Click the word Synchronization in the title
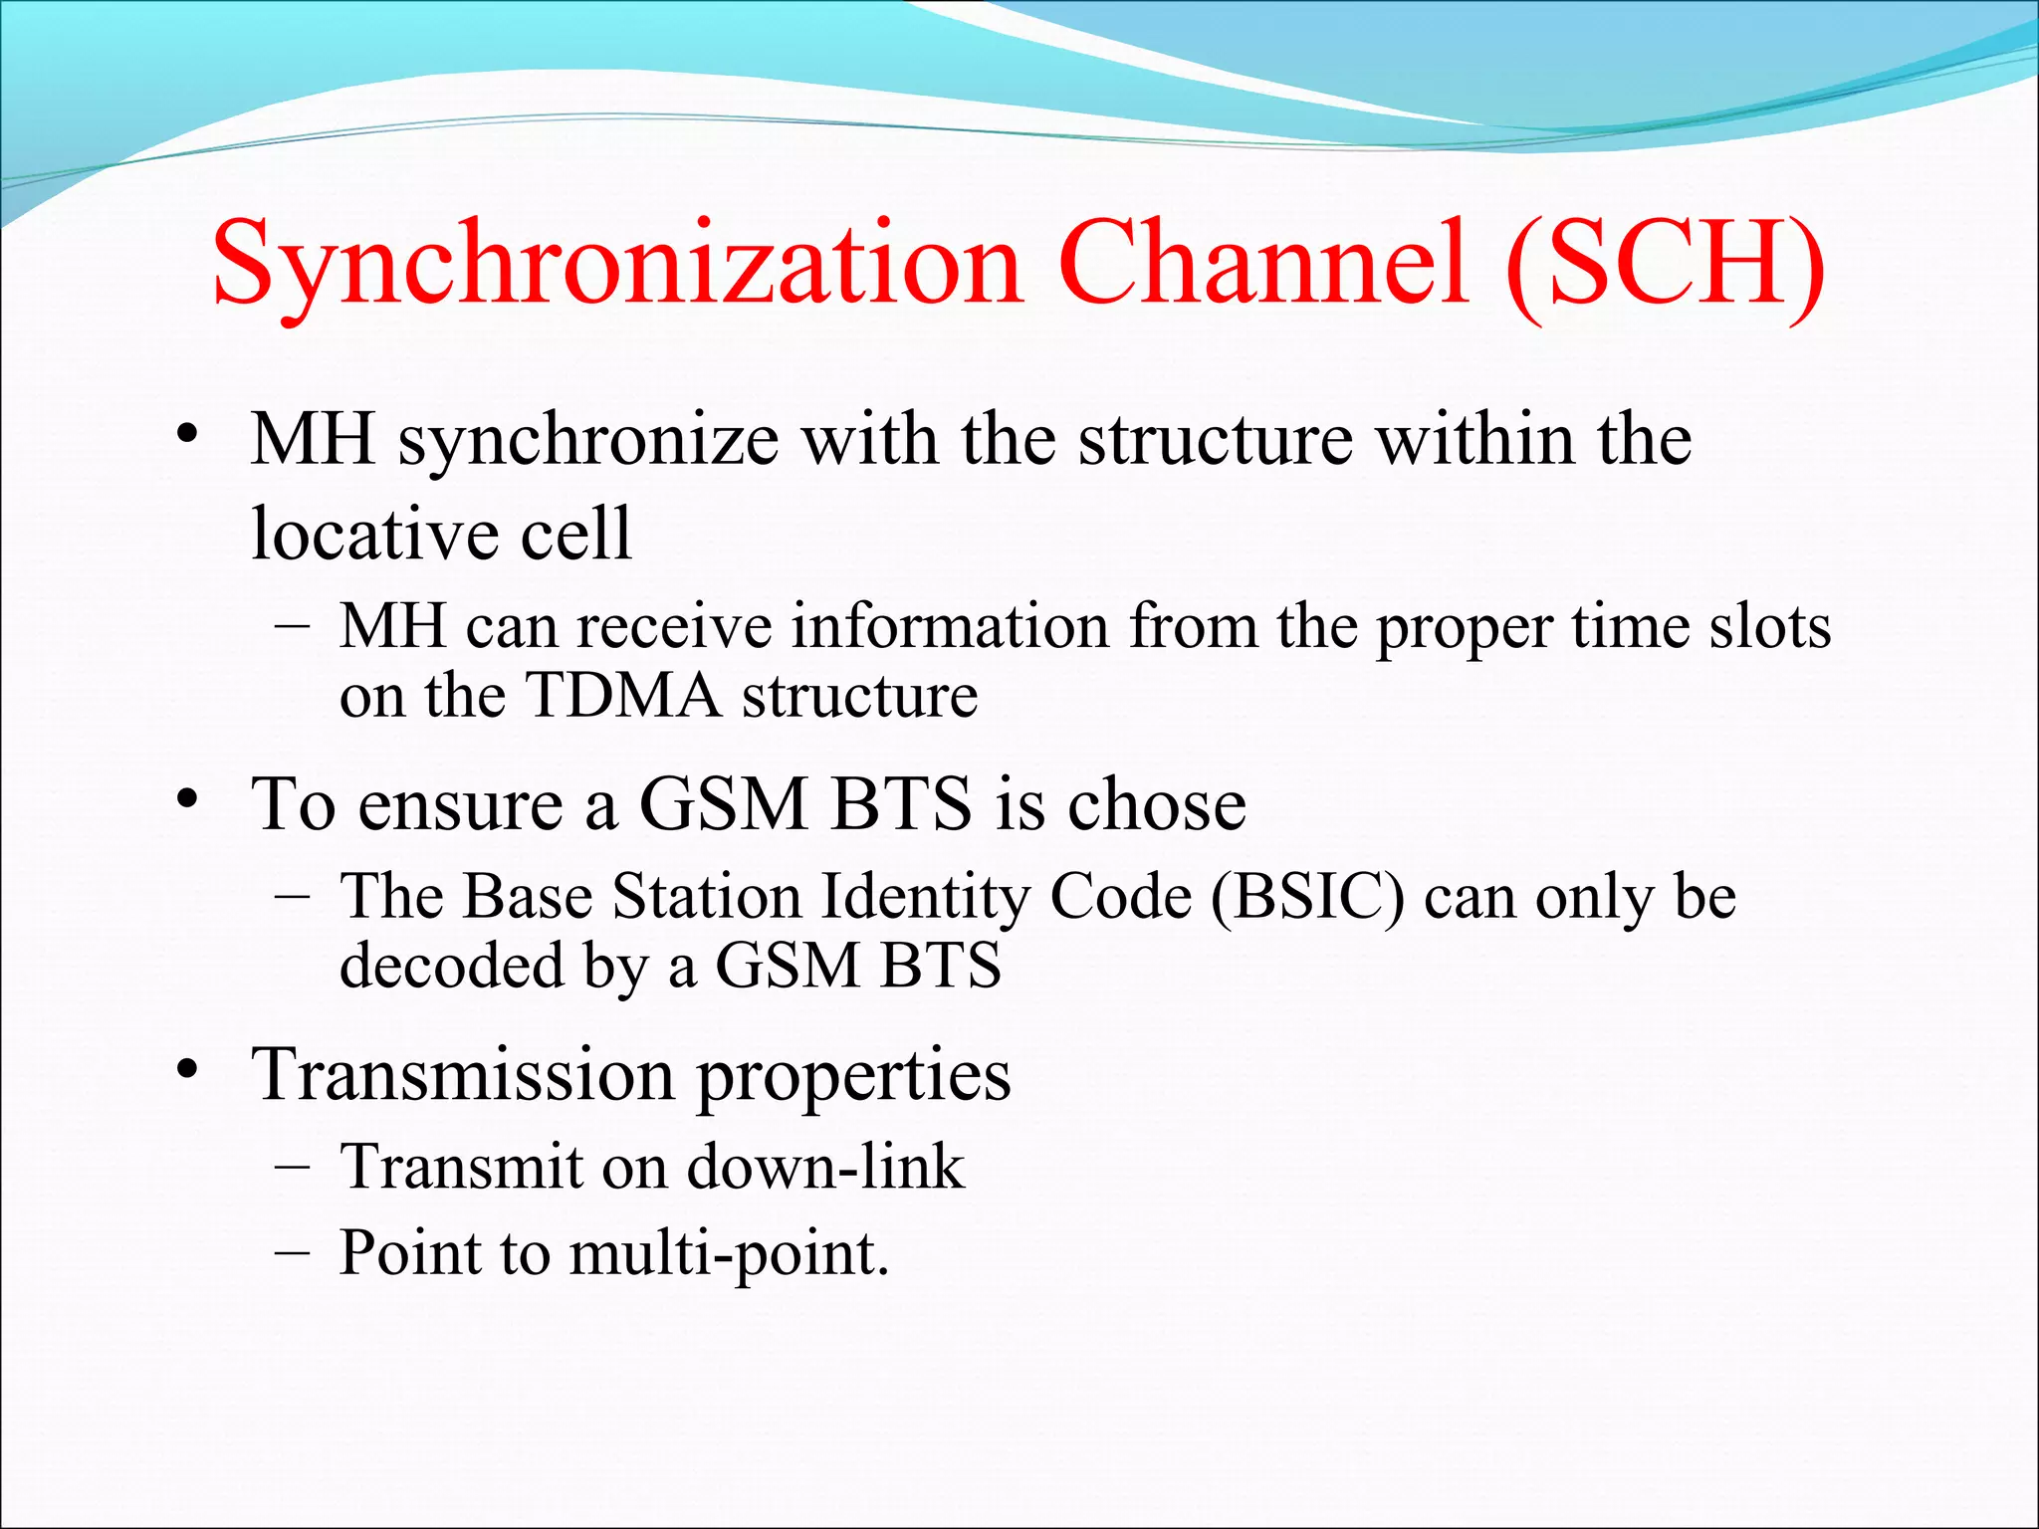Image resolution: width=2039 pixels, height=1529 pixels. [x=617, y=267]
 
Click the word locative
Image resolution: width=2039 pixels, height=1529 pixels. [x=372, y=534]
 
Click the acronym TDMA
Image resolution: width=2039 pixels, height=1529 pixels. [x=622, y=695]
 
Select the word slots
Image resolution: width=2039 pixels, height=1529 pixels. [x=1769, y=627]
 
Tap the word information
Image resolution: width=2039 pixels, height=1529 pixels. [x=950, y=627]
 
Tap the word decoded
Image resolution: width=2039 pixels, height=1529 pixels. [x=451, y=966]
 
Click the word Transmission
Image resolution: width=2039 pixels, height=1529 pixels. [x=463, y=1075]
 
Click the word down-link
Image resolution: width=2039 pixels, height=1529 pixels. [x=825, y=1167]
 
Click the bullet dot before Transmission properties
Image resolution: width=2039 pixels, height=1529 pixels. [x=186, y=1071]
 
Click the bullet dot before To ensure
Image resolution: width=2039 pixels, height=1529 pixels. [x=186, y=799]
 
